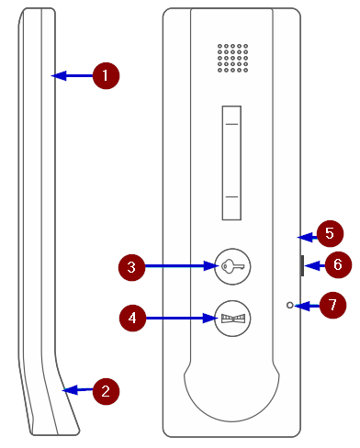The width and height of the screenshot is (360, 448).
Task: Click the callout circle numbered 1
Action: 106,76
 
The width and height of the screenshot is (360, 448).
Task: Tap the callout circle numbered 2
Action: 106,391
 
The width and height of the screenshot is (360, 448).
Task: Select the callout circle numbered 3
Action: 131,267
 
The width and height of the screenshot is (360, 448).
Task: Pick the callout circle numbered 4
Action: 132,318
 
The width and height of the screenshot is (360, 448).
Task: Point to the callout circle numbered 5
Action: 330,233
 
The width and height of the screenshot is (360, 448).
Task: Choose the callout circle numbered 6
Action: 338,264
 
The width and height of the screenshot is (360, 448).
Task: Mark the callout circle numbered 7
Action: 332,305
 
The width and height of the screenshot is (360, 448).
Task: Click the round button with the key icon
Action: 232,266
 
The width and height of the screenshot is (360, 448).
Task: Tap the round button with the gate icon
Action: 232,319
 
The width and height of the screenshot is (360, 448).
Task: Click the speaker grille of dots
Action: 232,58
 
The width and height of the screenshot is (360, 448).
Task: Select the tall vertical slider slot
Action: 231,162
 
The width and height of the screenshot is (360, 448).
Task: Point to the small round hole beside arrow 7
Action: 290,305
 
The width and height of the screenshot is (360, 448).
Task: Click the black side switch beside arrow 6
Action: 302,265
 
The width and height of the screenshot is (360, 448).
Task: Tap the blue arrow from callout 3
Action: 182,266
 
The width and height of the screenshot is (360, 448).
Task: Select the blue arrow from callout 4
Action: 182,318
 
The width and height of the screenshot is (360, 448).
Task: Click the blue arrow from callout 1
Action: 72,76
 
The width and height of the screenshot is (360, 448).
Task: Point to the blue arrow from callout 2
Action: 77,390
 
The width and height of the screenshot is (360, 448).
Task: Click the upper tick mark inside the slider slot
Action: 231,124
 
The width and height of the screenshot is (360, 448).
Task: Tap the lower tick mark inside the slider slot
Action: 231,196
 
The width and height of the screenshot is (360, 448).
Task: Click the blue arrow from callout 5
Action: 308,237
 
